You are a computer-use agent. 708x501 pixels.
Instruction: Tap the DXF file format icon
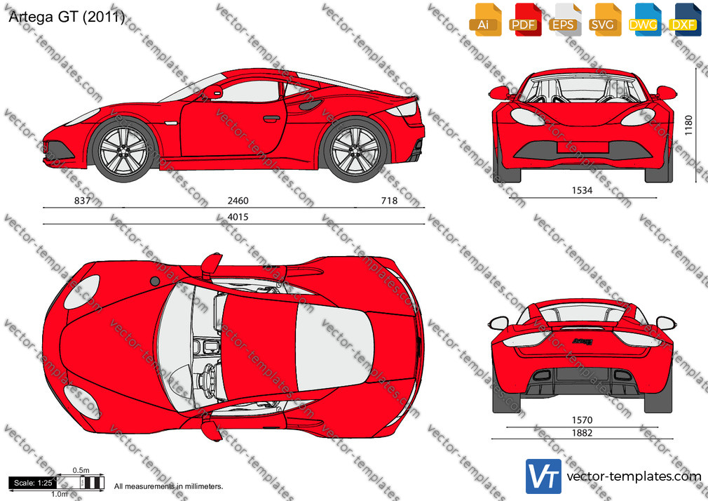coord(685,20)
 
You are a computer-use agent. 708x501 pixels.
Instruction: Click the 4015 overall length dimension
coord(238,217)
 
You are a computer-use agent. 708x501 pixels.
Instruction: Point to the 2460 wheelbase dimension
coord(238,200)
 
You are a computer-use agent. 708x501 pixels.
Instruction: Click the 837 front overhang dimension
coord(82,200)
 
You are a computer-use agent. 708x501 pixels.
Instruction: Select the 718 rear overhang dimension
coord(389,200)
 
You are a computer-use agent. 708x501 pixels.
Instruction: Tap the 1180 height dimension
coord(688,125)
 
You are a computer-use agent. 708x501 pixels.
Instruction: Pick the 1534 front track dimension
coord(582,190)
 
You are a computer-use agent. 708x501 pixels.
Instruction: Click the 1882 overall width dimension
coord(582,433)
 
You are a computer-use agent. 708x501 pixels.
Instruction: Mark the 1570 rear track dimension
coord(582,420)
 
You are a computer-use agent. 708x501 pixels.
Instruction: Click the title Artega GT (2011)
coord(67,17)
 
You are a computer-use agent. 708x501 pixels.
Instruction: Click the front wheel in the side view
coord(123,150)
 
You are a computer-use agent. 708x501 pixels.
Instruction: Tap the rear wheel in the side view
coord(355,150)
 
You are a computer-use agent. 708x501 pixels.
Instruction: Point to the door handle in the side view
coord(271,119)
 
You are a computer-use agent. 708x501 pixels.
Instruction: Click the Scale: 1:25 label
coord(33,483)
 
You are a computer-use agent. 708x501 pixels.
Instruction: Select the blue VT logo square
coord(544,476)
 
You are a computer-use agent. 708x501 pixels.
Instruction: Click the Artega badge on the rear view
coord(583,342)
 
